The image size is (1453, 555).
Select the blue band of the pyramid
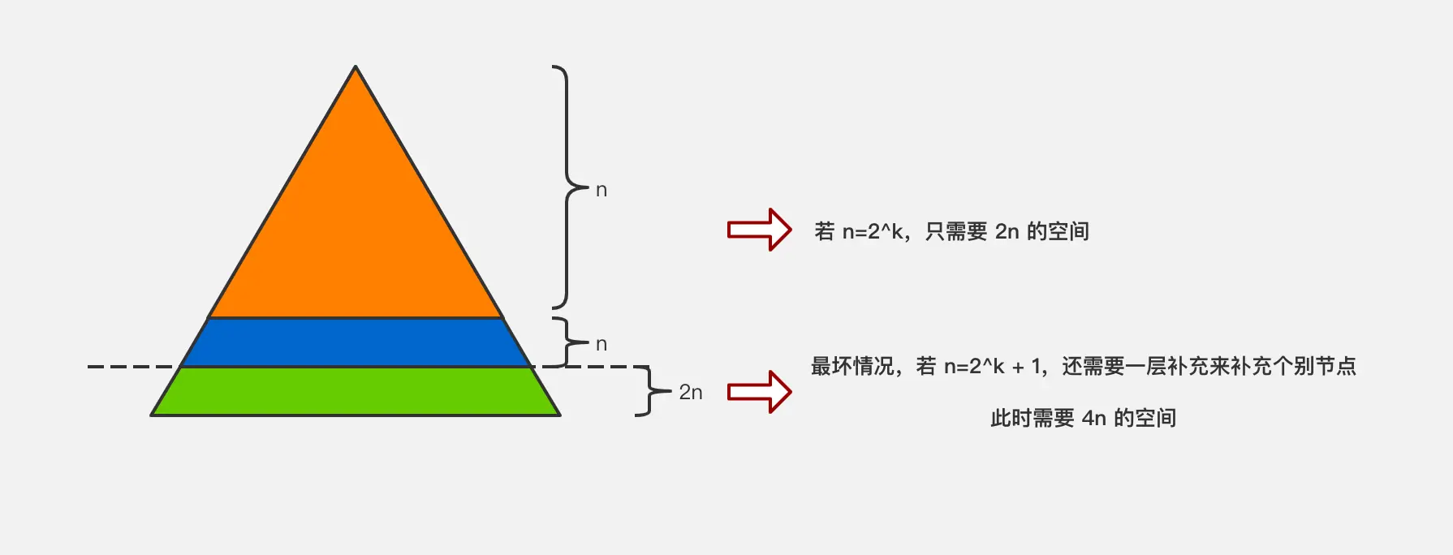pos(356,342)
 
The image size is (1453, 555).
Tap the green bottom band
pos(356,391)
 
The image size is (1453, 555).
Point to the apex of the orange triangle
pos(356,67)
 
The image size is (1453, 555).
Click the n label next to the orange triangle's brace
pos(601,190)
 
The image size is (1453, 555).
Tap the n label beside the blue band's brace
pos(601,344)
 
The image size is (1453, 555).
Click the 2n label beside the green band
pos(691,392)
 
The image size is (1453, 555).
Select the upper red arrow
pos(759,230)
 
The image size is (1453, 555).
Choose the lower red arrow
pos(759,392)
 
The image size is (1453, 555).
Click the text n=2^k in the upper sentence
pos(873,231)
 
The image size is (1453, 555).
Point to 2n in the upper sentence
pos(1007,231)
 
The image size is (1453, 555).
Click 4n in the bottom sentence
pos(1093,418)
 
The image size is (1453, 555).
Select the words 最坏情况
pos(852,367)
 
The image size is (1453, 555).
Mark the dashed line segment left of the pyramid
pos(130,367)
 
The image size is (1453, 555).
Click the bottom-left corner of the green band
pos(153,415)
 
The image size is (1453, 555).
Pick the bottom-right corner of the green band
pos(559,415)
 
